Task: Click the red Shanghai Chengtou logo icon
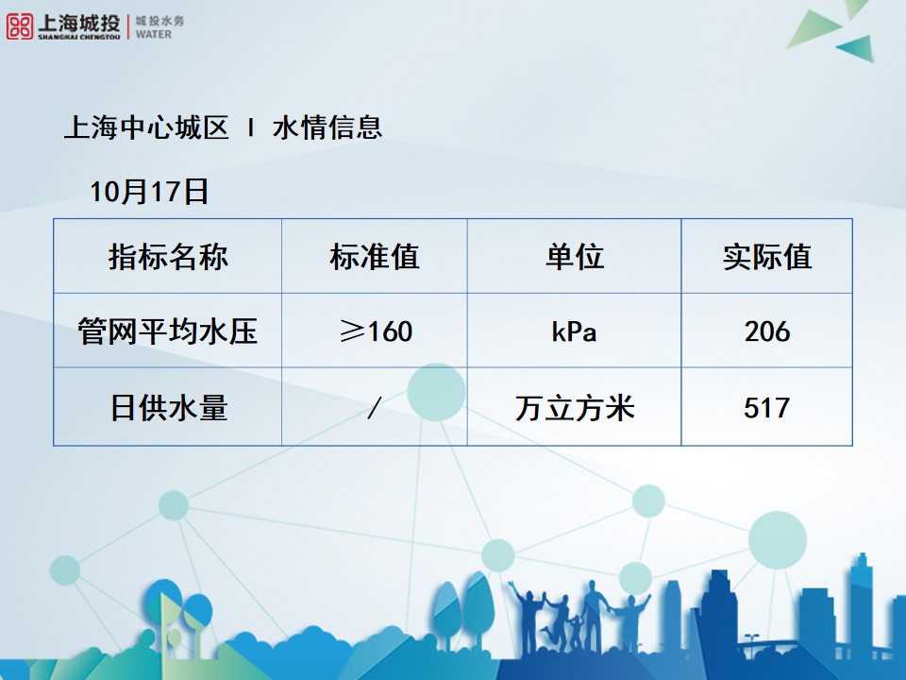tap(19, 26)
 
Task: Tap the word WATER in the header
tap(154, 34)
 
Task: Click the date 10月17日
tap(149, 192)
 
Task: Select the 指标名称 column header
tap(168, 256)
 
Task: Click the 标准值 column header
tap(375, 256)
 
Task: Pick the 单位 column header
tap(575, 256)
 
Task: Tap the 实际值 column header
tap(766, 256)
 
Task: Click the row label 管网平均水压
tap(168, 331)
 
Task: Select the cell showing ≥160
tap(376, 331)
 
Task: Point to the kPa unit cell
tap(575, 331)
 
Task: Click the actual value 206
tap(766, 331)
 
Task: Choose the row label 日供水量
tap(169, 408)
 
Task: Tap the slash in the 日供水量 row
tap(375, 408)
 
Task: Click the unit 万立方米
tap(575, 408)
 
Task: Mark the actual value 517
tap(766, 408)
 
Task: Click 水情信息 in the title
tap(327, 127)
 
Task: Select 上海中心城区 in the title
tap(146, 127)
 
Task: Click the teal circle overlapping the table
tap(436, 392)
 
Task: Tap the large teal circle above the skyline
tap(777, 540)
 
